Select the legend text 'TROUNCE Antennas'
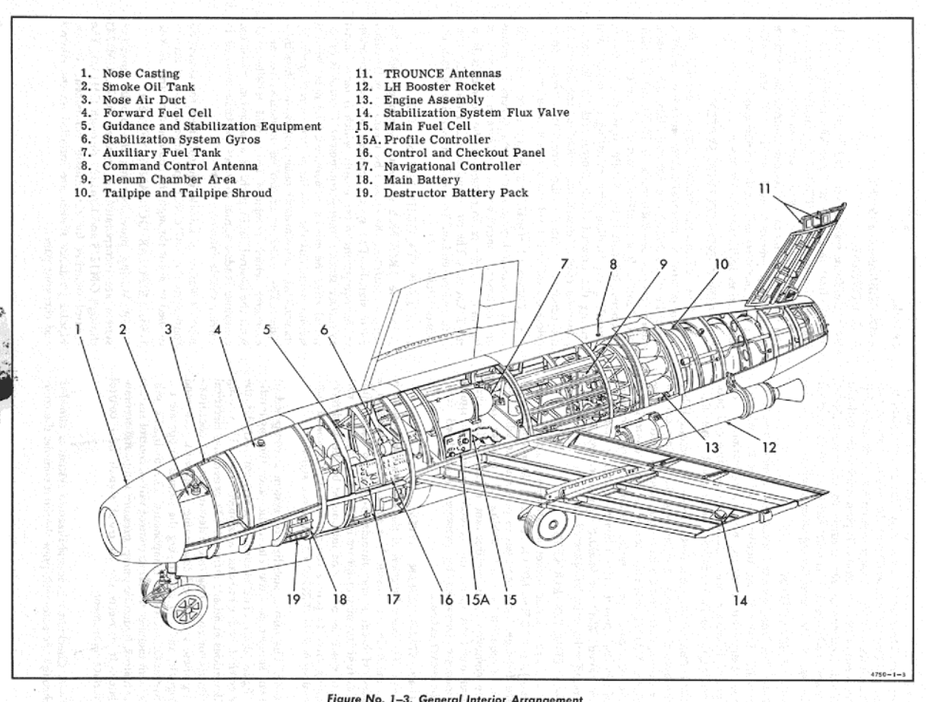[443, 74]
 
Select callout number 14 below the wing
[740, 600]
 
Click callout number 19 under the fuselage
[293, 599]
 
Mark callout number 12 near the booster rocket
[769, 447]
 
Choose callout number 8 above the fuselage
[613, 265]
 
